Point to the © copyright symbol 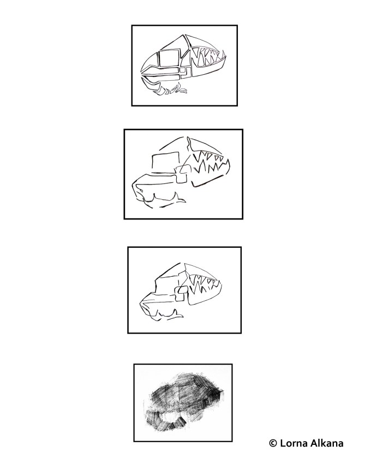[273, 443]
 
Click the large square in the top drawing [168, 58]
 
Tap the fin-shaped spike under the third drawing [177, 314]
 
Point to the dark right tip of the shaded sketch [220, 394]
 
